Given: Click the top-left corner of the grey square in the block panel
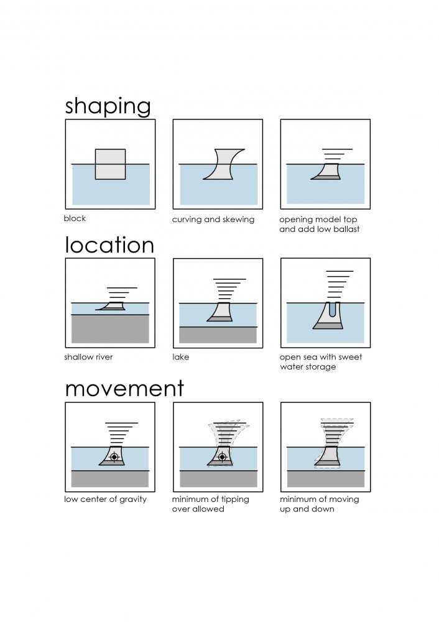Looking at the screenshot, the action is click(x=95, y=149).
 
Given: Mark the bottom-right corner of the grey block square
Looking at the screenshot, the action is click(x=126, y=179).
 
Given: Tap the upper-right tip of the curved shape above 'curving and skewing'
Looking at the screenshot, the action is click(x=244, y=149).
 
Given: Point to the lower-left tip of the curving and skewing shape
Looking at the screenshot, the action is click(x=203, y=179).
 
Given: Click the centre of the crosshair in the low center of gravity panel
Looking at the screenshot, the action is click(x=114, y=457).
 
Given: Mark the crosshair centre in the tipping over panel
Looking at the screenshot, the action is click(x=223, y=457).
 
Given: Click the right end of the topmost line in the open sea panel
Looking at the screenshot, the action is click(x=353, y=271).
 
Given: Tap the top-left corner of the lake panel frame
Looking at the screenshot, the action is click(x=173, y=259).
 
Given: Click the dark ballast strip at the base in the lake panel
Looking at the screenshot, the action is click(x=220, y=318).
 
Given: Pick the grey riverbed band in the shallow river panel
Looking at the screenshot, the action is click(x=110, y=329).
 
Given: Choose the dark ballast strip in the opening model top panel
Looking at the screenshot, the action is click(x=325, y=177).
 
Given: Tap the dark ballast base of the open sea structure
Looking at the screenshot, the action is click(x=328, y=326).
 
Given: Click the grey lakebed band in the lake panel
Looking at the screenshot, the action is click(x=218, y=335).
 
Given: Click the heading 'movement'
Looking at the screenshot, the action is click(x=124, y=388).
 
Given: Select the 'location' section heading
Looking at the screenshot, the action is click(x=109, y=245).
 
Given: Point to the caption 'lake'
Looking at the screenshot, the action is click(x=180, y=357).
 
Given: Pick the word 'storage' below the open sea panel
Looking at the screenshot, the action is click(x=321, y=367).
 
